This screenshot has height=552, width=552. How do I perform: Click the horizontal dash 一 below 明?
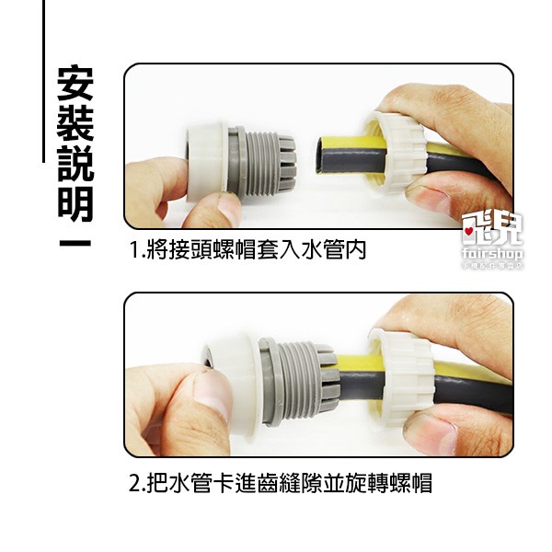74,244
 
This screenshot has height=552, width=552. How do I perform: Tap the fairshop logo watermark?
491,247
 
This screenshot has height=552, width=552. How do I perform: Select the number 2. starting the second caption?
139,482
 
